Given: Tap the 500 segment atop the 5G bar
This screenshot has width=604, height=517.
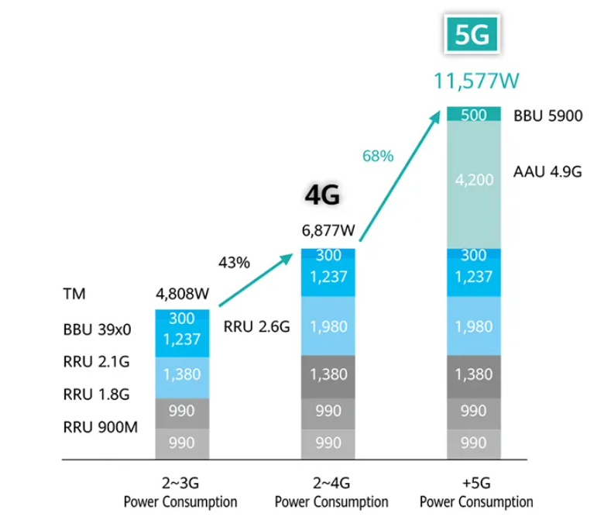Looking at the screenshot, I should [472, 115].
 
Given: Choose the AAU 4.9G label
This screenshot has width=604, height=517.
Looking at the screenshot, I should [547, 171].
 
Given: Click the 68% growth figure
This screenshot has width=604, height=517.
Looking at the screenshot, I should [378, 156].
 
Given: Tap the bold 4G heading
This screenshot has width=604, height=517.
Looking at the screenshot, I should [322, 197].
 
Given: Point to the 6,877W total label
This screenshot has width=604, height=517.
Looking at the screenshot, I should [328, 230].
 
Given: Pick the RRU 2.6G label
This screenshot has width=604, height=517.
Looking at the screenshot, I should [256, 327].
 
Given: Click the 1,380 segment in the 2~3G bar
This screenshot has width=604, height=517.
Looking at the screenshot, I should [182, 375].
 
